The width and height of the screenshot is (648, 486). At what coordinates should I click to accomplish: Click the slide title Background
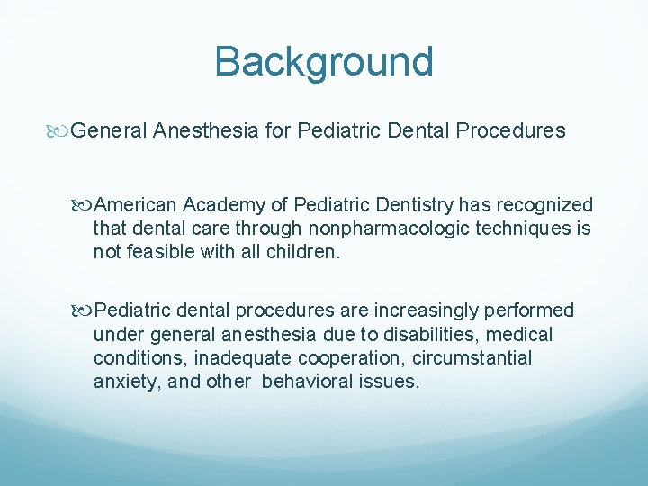pos(324,62)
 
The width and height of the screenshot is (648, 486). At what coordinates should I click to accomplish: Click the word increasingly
pos(423,310)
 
